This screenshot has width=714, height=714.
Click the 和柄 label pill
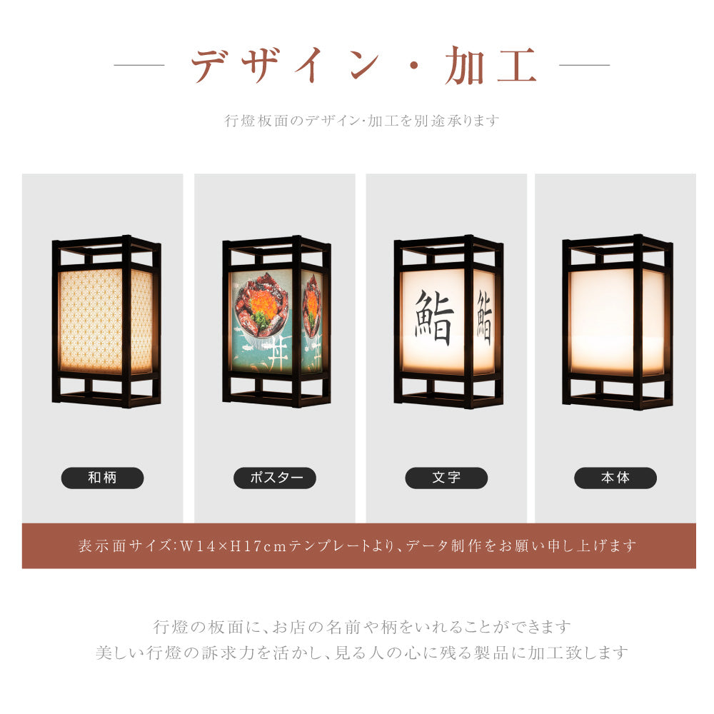click(102, 478)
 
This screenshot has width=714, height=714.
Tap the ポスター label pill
click(275, 478)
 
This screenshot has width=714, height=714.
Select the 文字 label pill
click(446, 478)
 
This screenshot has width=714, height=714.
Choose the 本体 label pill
click(615, 478)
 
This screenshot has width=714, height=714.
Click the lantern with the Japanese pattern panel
click(106, 321)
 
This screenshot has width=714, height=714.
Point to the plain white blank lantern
click(617, 321)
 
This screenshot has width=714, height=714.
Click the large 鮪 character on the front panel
click(434, 318)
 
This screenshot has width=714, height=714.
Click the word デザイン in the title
click(286, 66)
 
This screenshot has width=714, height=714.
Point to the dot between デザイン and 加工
click(416, 68)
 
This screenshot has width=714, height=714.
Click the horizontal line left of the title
click(139, 66)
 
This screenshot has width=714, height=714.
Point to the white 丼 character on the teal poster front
click(272, 354)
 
